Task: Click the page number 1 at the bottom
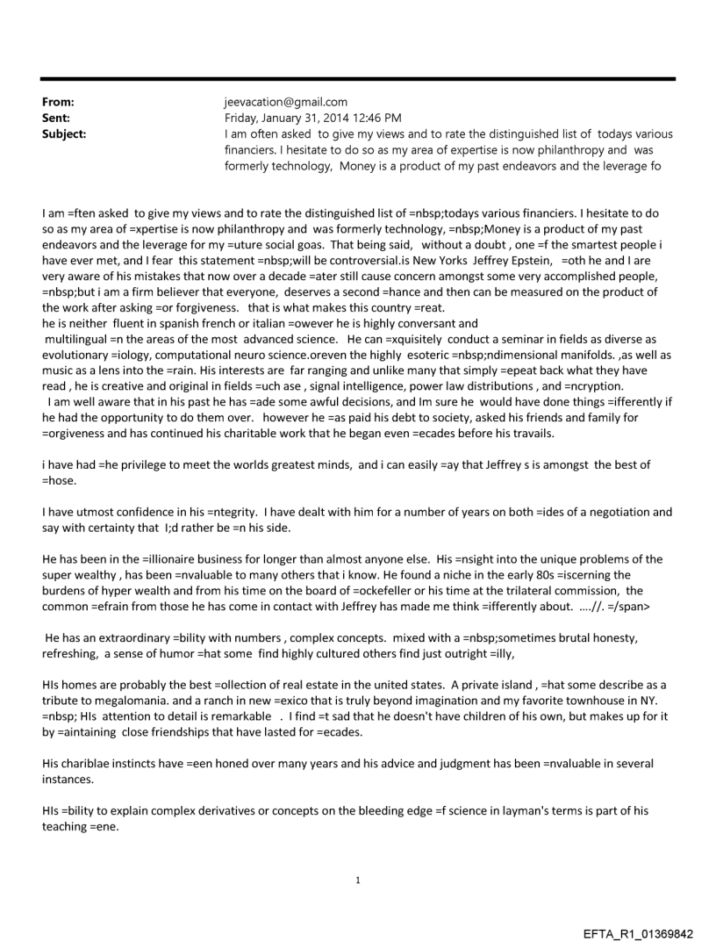[358, 880]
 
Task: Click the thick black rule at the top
[358, 79]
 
